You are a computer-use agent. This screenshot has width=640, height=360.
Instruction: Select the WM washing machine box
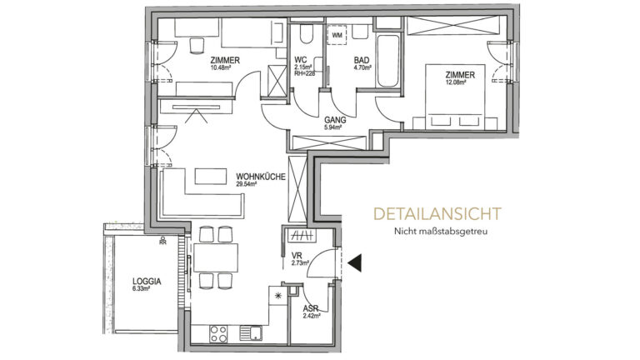point(337,36)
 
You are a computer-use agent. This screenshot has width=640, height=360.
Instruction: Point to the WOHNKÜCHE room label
point(262,177)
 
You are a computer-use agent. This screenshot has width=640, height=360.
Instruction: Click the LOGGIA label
point(146,282)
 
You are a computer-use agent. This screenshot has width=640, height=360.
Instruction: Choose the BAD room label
point(361,61)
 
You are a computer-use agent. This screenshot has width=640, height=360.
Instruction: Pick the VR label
point(297,256)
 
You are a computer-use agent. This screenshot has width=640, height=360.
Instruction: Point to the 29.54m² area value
point(247,185)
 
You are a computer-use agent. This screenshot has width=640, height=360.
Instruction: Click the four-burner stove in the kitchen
point(221,334)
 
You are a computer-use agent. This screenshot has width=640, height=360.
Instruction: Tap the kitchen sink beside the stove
point(250,334)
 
